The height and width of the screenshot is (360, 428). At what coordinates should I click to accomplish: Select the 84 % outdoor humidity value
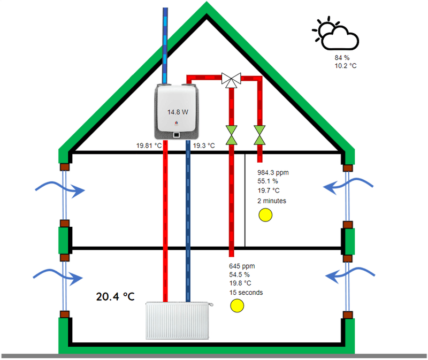(x=342, y=58)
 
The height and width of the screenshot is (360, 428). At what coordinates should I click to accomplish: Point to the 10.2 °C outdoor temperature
(x=345, y=66)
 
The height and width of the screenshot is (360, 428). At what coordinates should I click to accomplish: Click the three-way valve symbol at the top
(x=232, y=80)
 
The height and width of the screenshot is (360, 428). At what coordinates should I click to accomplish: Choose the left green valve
(x=232, y=135)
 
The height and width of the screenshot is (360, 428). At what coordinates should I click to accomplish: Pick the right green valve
(x=259, y=135)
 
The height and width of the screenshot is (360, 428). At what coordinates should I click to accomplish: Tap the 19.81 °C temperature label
(x=150, y=145)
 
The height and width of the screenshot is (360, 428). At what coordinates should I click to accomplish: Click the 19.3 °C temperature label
(x=204, y=145)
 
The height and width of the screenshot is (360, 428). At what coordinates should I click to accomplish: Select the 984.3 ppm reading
(x=273, y=173)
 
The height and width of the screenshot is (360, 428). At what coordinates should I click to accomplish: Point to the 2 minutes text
(x=272, y=201)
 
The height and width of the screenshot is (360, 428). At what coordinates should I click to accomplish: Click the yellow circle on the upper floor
(x=265, y=216)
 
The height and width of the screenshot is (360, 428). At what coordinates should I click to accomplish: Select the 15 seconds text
(x=246, y=293)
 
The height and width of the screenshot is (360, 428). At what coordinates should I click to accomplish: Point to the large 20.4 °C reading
(x=115, y=296)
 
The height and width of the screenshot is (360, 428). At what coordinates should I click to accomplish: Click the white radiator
(x=179, y=320)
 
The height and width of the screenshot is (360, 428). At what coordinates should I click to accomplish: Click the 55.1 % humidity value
(x=268, y=182)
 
